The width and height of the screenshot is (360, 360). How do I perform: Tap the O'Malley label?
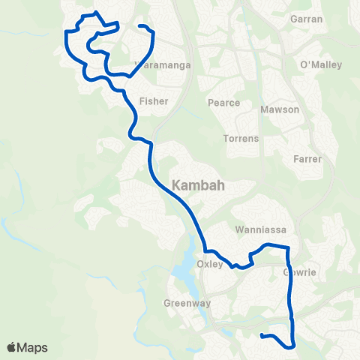320,65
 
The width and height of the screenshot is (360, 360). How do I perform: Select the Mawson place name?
279,109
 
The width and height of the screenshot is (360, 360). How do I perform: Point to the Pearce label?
224,103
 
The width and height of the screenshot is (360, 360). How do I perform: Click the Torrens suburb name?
241,139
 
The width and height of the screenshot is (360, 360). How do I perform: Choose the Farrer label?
307,159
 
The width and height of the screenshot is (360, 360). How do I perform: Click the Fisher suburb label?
153,100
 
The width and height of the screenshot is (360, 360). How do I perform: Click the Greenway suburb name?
187,304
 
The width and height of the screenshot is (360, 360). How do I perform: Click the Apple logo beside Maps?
13,346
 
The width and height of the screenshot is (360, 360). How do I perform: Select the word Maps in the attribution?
33,347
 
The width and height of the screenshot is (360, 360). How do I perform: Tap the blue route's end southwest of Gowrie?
261,335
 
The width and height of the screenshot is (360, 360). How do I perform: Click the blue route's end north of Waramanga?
140,27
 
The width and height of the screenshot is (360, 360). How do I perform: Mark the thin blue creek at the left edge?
9,225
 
